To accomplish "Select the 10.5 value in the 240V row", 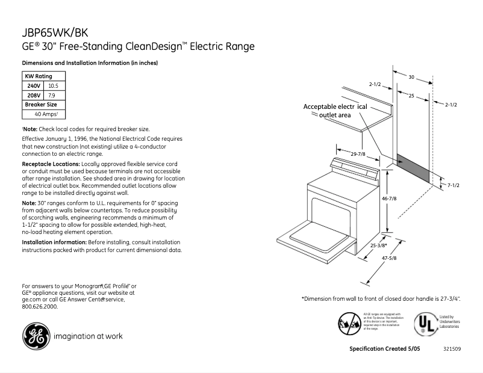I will [53, 86].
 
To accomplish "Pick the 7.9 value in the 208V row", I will [52, 96].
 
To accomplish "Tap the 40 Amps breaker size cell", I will [46, 114].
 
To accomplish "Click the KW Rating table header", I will [38, 76].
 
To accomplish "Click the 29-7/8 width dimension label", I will [360, 155].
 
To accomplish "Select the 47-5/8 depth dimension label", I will [388, 259].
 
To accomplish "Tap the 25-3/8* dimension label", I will [379, 245].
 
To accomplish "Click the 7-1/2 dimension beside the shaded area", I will [453, 185].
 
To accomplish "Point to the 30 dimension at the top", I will [412, 77].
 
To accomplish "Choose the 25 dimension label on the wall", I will [411, 96].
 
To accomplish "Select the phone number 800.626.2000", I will [40, 306].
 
